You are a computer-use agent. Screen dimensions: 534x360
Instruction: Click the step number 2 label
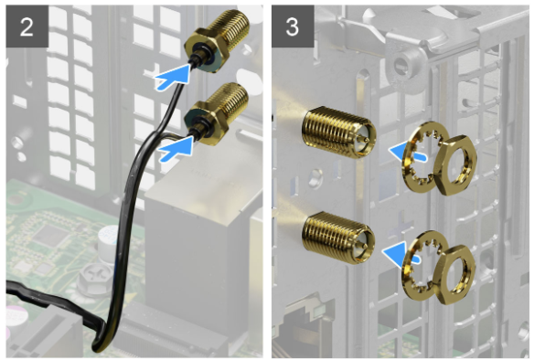pyautogui.click(x=27, y=26)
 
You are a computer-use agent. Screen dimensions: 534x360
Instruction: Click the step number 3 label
pyautogui.click(x=293, y=26)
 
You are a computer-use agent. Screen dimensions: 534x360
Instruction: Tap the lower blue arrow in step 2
pyautogui.click(x=176, y=149)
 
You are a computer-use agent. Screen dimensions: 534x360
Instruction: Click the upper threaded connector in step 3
pyautogui.click(x=338, y=132)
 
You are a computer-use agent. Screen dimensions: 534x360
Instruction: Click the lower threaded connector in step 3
pyautogui.click(x=337, y=238)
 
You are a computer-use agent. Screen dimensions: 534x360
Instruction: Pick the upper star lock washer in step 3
pyautogui.click(x=422, y=156)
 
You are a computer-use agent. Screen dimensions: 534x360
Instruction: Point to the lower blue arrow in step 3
pyautogui.click(x=400, y=253)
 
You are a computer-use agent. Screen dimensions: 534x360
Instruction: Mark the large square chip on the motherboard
pyautogui.click(x=50, y=235)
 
